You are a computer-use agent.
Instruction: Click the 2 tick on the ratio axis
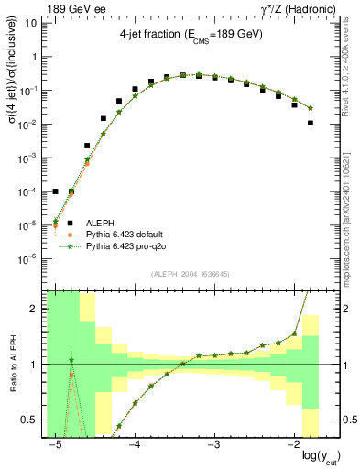(34, 309)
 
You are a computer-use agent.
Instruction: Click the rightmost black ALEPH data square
(311, 123)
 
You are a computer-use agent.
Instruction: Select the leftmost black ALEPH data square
(56, 191)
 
